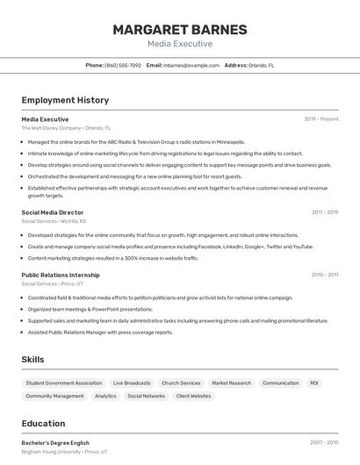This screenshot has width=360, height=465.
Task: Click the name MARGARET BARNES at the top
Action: (x=179, y=29)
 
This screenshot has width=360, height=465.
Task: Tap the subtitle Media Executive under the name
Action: (x=179, y=44)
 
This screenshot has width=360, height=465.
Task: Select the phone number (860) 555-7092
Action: (x=123, y=65)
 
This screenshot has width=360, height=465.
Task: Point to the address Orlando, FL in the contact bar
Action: (x=261, y=65)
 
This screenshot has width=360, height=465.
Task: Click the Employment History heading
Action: (x=65, y=100)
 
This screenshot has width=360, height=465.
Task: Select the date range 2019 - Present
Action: (x=321, y=118)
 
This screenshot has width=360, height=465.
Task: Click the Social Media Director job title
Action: (x=53, y=212)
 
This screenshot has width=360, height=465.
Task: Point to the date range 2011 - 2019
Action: (x=325, y=212)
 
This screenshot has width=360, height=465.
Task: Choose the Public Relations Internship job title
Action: (x=67, y=275)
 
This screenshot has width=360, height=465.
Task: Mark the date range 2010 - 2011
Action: (x=325, y=275)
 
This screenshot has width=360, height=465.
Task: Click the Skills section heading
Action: (x=32, y=360)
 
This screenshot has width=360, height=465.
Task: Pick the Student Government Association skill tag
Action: (x=64, y=383)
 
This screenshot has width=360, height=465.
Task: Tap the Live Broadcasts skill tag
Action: (x=132, y=383)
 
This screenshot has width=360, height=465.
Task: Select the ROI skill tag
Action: (x=314, y=383)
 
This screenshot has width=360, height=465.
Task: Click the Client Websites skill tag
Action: (x=193, y=396)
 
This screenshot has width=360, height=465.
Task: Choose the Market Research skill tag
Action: (x=231, y=383)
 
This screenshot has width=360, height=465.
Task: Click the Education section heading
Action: (x=43, y=424)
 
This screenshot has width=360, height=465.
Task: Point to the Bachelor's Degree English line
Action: (x=55, y=443)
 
